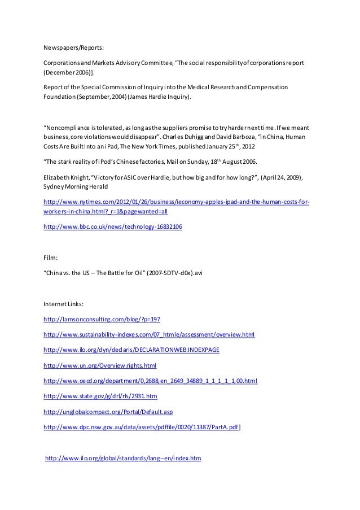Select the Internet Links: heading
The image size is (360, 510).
[x=64, y=303]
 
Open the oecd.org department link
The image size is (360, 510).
[x=150, y=381]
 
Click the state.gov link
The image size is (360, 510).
[x=100, y=396]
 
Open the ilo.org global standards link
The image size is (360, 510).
[x=123, y=458]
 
